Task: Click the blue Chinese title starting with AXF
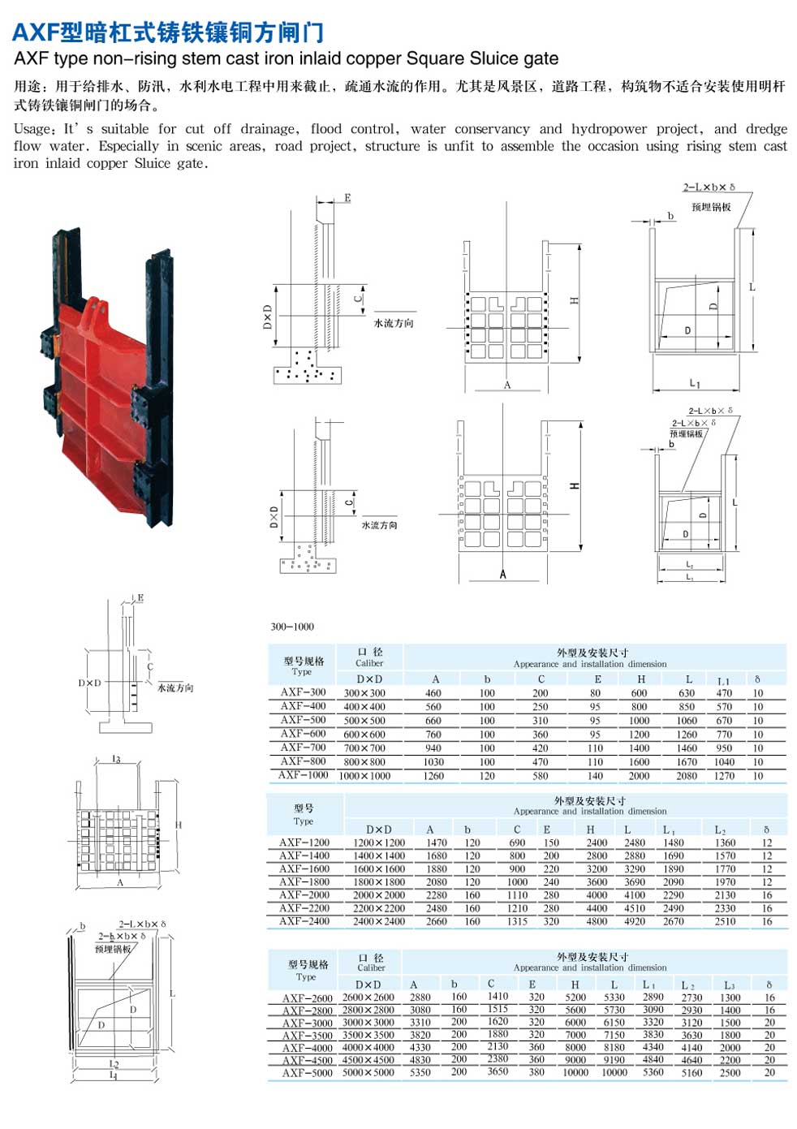pyautogui.click(x=168, y=32)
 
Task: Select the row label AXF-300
pyautogui.click(x=303, y=692)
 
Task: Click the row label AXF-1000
pyautogui.click(x=303, y=775)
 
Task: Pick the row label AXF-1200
pyautogui.click(x=304, y=842)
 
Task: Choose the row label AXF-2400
pyautogui.click(x=304, y=921)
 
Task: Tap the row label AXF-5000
pyautogui.click(x=307, y=1072)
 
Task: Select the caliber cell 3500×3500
pyautogui.click(x=368, y=1035)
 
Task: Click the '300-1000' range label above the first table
pyautogui.click(x=292, y=627)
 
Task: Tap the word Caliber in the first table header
pyautogui.click(x=369, y=663)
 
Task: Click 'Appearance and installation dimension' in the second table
pyautogui.click(x=590, y=811)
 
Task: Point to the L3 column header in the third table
pyautogui.click(x=729, y=985)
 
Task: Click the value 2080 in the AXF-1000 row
pyautogui.click(x=687, y=776)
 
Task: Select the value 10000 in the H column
pyautogui.click(x=575, y=1072)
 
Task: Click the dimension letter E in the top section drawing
pyautogui.click(x=348, y=198)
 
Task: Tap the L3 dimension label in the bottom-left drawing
pyautogui.click(x=116, y=760)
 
